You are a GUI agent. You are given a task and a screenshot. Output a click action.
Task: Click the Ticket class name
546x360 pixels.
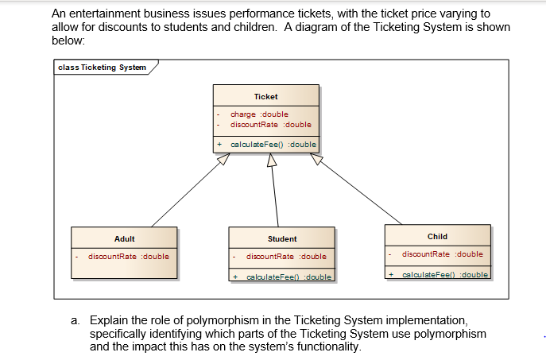pos(265,97)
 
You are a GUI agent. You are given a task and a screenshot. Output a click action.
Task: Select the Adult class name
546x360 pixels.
pos(125,238)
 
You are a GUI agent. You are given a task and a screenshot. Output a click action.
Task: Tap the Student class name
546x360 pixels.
pos(282,238)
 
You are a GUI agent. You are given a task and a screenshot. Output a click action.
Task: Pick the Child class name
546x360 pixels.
pos(437,236)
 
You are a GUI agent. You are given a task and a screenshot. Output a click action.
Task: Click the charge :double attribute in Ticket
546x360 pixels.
pos(259,114)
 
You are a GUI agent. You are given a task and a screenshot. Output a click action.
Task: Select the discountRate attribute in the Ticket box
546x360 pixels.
pos(270,125)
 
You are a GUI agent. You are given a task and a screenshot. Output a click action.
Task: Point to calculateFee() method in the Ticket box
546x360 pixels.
pos(273,145)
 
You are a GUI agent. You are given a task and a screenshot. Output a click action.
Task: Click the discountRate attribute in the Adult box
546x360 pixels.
pos(128,257)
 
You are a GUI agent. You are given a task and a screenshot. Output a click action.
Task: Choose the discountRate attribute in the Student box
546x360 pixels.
pos(286,257)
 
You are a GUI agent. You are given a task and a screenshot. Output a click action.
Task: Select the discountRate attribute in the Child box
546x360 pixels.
pos(442,254)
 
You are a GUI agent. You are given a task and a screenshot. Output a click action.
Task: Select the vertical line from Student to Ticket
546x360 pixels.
pos(275,199)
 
